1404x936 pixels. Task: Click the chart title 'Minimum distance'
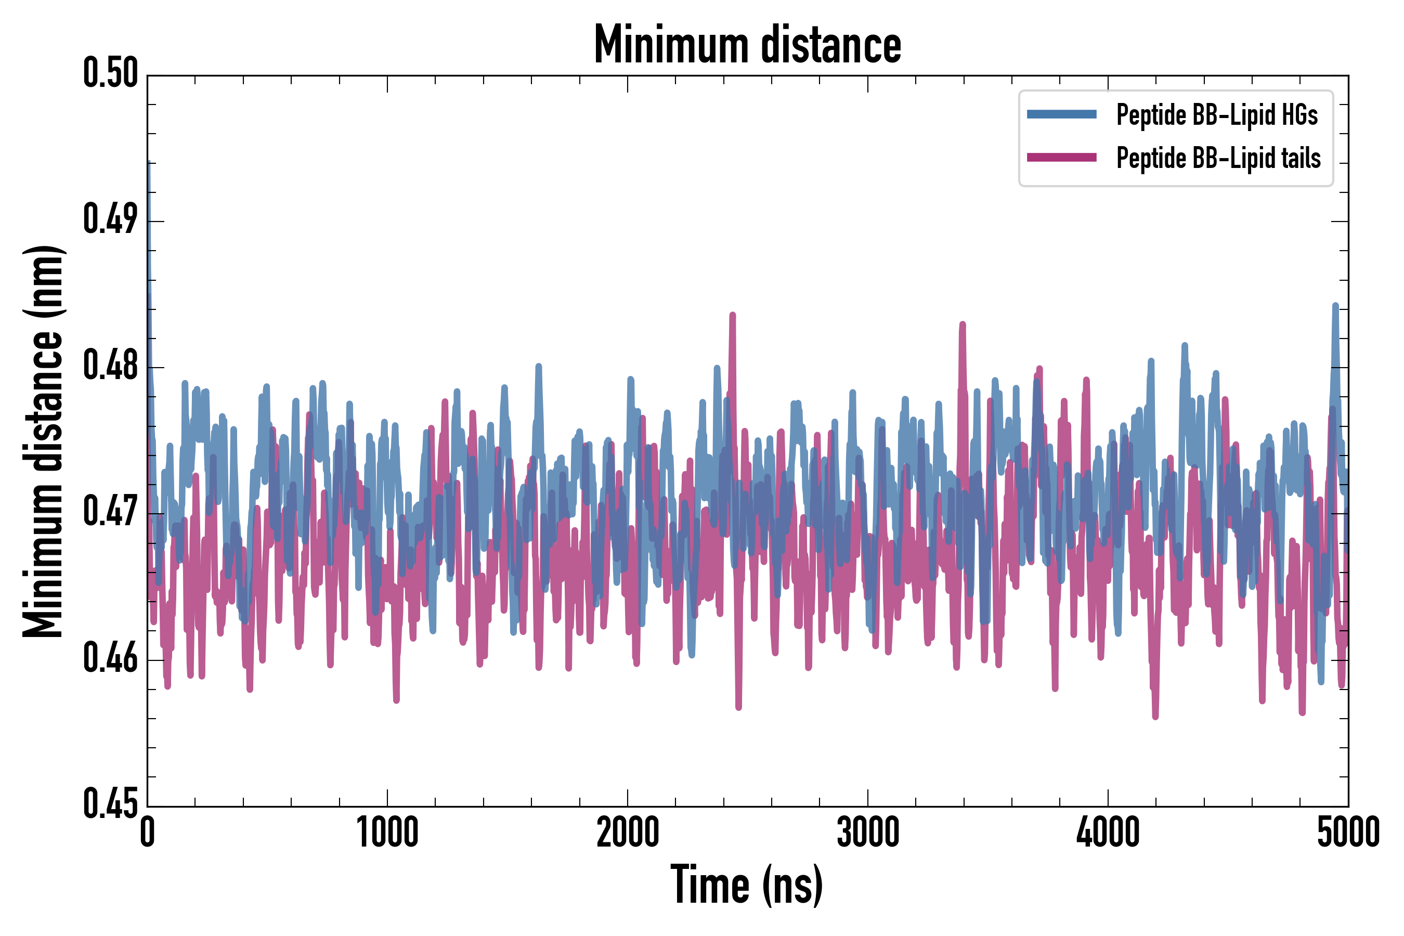(747, 44)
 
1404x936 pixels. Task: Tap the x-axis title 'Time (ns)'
(747, 885)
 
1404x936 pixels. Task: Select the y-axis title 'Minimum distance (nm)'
(43, 441)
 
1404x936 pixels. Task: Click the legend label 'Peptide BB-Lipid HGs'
(1217, 114)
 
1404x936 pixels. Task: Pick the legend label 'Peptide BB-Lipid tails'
(1218, 158)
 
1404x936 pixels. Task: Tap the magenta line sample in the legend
(1061, 158)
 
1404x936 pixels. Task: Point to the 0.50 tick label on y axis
(110, 73)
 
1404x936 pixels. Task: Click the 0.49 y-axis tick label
(110, 219)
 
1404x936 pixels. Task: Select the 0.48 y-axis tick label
(110, 366)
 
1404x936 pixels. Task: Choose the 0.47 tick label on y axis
(110, 512)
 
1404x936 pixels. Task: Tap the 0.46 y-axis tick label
(110, 658)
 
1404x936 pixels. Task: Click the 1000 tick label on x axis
(387, 832)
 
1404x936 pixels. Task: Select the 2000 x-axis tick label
(628, 832)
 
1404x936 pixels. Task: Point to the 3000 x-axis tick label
(867, 832)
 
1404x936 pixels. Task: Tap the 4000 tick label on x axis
(1108, 832)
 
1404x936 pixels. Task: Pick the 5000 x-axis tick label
(1348, 832)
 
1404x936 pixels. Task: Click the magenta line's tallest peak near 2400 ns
(733, 316)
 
